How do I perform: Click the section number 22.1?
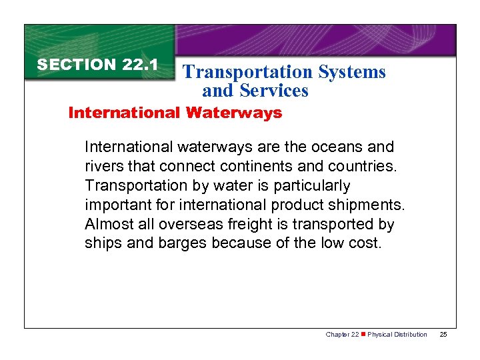[140, 65]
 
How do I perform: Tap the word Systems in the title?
[354, 72]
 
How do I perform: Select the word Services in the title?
[275, 90]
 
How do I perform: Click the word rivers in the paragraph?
[103, 166]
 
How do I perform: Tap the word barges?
[182, 243]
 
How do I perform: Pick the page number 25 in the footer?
[443, 334]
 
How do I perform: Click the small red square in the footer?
[363, 334]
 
